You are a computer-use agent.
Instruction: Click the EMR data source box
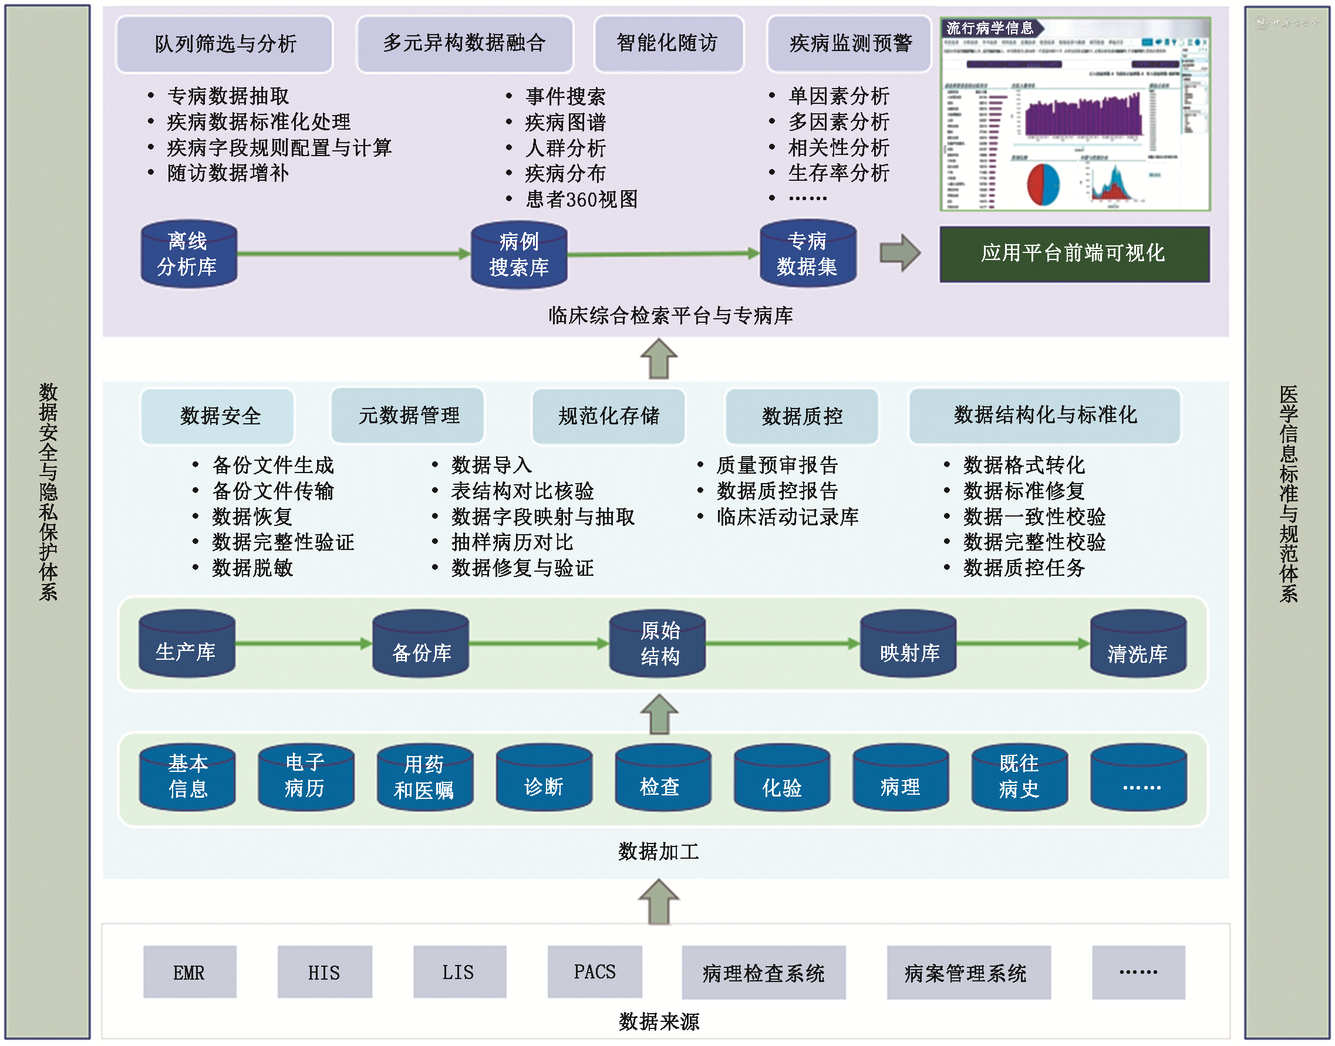(190, 972)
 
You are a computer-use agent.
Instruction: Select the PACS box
(595, 971)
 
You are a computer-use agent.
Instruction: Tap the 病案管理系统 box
(968, 972)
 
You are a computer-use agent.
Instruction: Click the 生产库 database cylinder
(187, 645)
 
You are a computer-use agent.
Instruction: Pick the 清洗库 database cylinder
(1138, 645)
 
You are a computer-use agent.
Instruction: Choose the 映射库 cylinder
(908, 645)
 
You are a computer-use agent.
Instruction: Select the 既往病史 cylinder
(1019, 778)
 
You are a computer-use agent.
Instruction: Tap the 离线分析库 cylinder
(188, 254)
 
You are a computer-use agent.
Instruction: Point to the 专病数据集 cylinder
(807, 254)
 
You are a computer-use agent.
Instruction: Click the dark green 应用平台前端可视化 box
(1074, 254)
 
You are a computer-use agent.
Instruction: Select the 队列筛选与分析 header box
(225, 44)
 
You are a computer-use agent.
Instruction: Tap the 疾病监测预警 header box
(849, 44)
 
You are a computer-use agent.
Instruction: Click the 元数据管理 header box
(408, 416)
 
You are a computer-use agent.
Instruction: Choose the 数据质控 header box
(801, 416)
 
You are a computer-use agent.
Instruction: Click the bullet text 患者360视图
(582, 200)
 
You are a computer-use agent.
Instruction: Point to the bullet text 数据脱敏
(252, 568)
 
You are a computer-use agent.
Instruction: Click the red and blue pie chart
(1043, 184)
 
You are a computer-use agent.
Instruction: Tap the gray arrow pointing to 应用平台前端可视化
(899, 253)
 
